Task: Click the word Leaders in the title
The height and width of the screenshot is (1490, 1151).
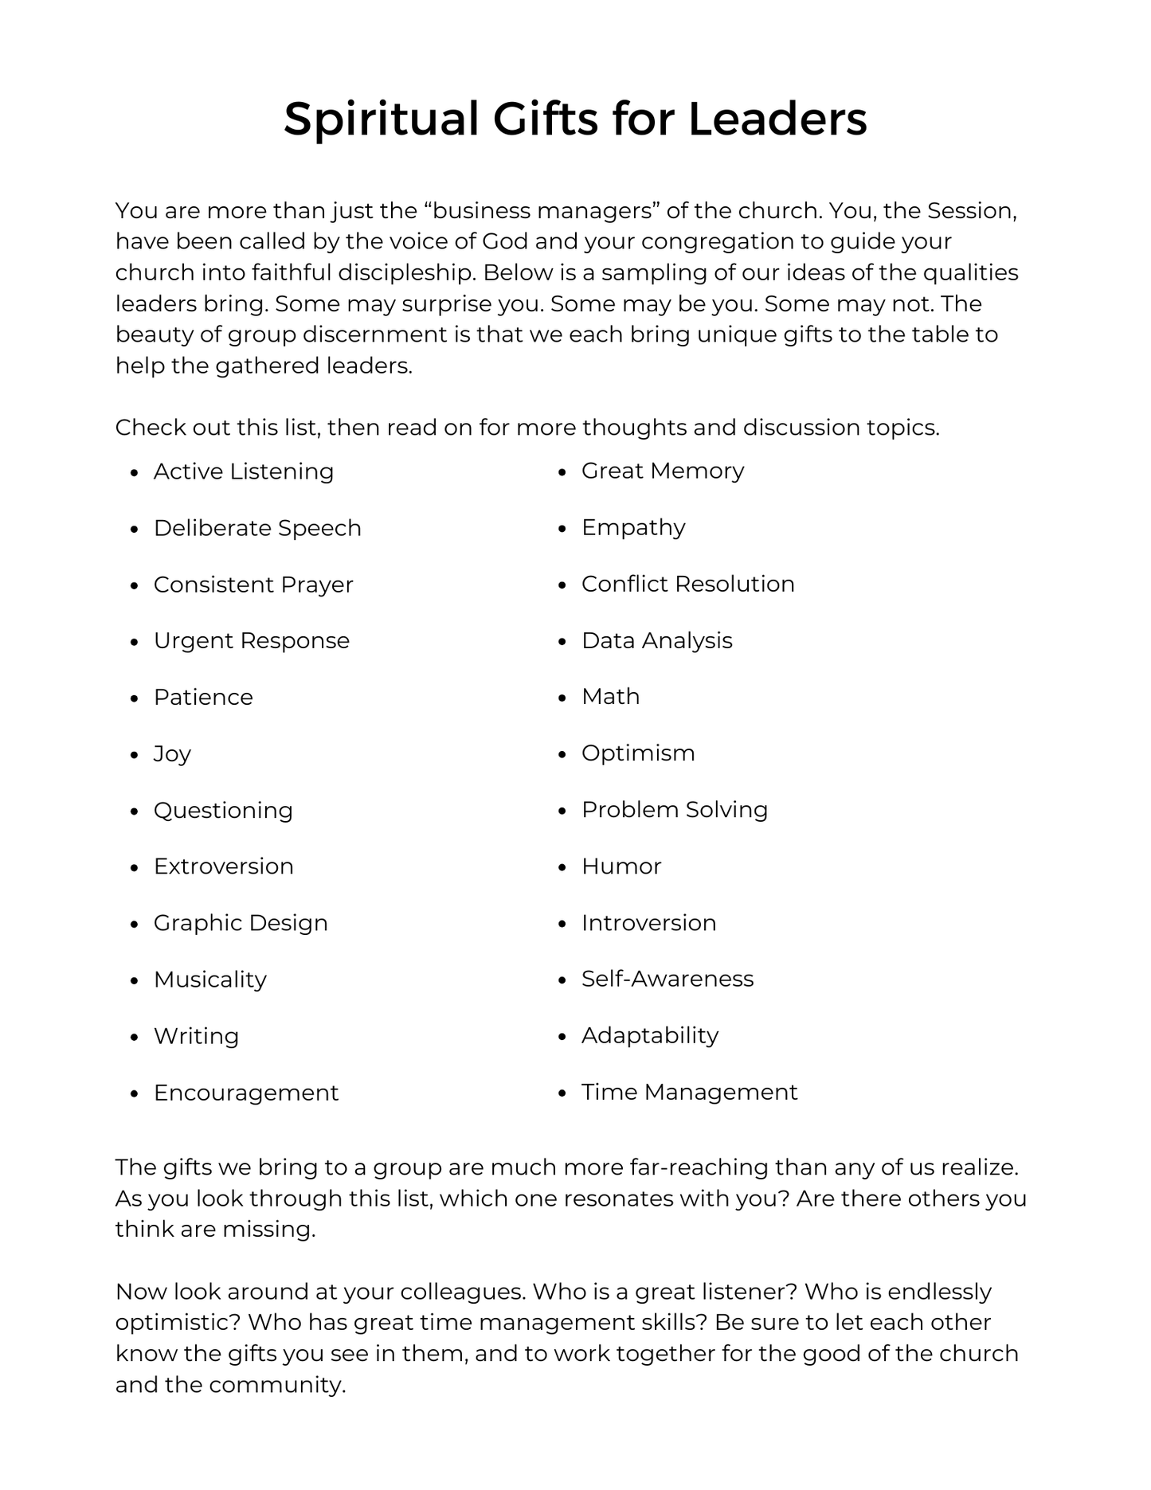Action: pyautogui.click(x=777, y=119)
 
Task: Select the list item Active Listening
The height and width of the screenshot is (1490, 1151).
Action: pyautogui.click(x=244, y=471)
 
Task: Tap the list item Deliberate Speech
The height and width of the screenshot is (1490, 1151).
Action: pyautogui.click(x=257, y=528)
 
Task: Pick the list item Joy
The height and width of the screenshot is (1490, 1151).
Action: pyautogui.click(x=172, y=753)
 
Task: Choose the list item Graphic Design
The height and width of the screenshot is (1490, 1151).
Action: pyautogui.click(x=241, y=923)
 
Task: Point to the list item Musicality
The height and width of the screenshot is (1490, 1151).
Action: pyautogui.click(x=210, y=980)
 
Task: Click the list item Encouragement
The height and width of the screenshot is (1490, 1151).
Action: pyautogui.click(x=246, y=1093)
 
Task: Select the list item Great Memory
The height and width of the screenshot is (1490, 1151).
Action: pyautogui.click(x=663, y=471)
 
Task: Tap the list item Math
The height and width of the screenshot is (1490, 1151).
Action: pyautogui.click(x=610, y=696)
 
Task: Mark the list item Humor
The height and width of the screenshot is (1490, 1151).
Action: pyautogui.click(x=621, y=866)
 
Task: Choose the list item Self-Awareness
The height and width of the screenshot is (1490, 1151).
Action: pyautogui.click(x=668, y=979)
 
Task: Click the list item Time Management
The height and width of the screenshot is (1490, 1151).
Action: pyautogui.click(x=689, y=1092)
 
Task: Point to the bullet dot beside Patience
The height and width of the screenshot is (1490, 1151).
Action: pyautogui.click(x=135, y=698)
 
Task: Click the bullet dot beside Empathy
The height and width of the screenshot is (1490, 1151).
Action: pyautogui.click(x=562, y=529)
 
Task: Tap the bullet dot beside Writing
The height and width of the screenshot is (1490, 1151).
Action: pyautogui.click(x=135, y=1037)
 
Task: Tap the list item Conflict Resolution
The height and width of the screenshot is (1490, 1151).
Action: pyautogui.click(x=687, y=584)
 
